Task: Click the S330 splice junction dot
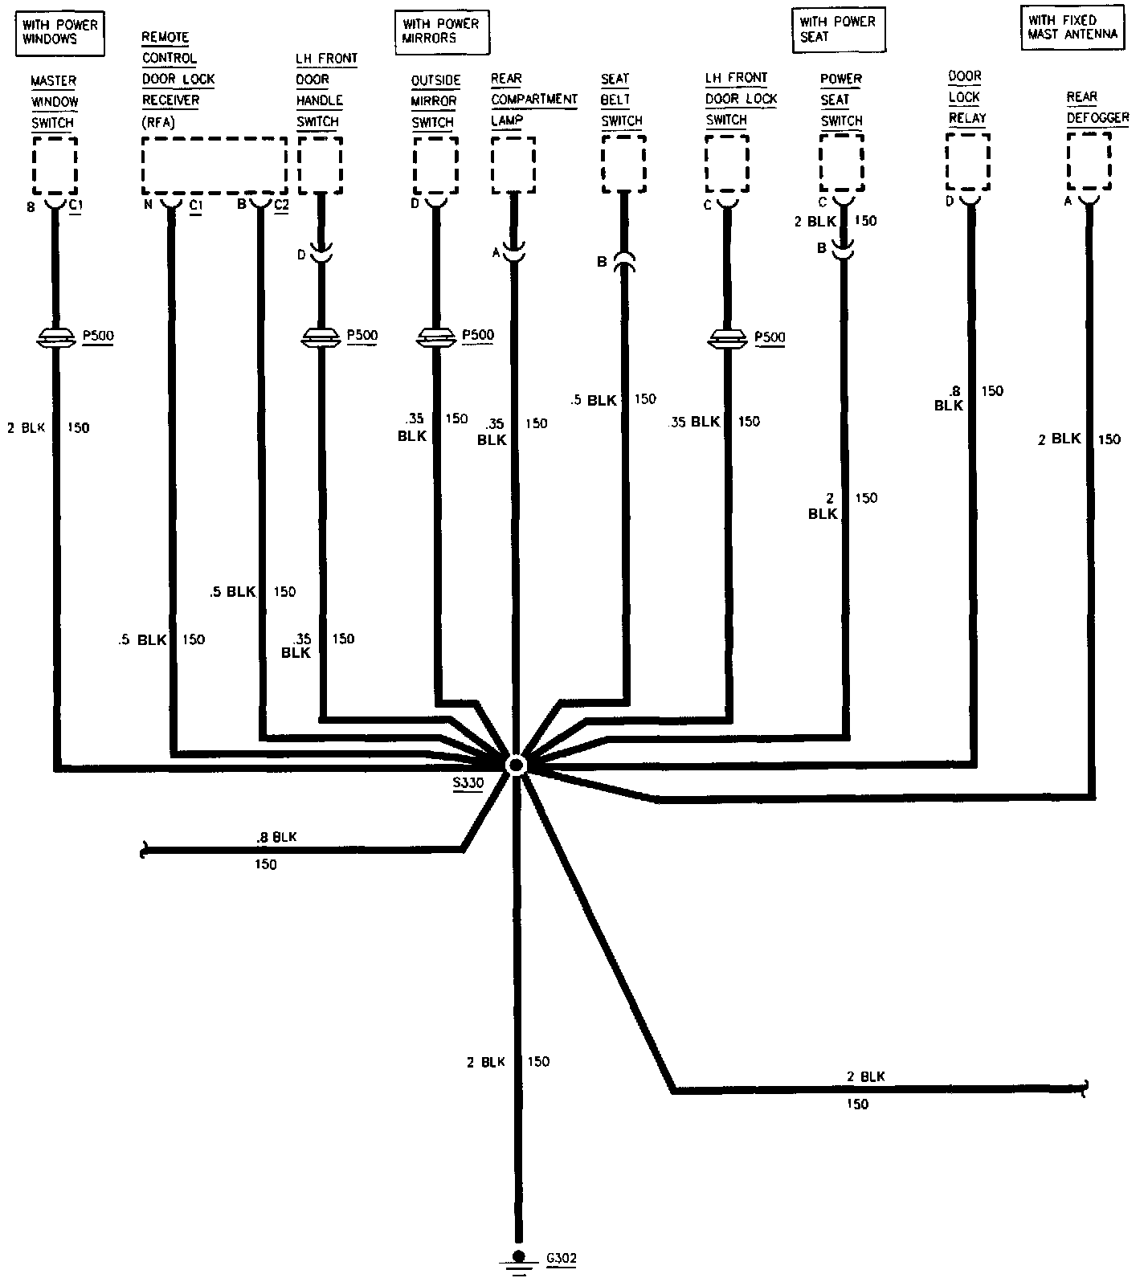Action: click(x=515, y=764)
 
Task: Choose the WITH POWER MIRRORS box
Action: click(x=441, y=31)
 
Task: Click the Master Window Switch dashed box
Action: click(x=55, y=165)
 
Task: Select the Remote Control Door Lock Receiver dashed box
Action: click(x=214, y=165)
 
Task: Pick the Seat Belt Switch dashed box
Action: click(x=623, y=163)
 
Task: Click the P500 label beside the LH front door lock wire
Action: click(x=770, y=337)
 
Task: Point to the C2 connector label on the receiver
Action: click(x=280, y=205)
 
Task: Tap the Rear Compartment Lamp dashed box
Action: click(x=513, y=164)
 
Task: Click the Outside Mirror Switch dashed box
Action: click(x=435, y=165)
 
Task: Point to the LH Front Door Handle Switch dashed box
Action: click(x=320, y=164)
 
